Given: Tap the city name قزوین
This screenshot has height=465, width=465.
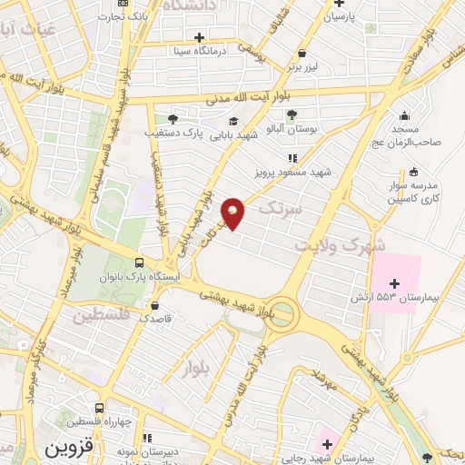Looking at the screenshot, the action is coord(69,450).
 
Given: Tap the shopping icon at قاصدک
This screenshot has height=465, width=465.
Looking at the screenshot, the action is coord(156,306).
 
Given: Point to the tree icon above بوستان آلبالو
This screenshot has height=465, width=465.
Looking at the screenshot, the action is coord(291,114).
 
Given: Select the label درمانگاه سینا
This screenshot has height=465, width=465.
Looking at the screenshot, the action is coord(213,51).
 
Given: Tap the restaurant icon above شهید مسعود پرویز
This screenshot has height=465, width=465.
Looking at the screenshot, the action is coord(292,158).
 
